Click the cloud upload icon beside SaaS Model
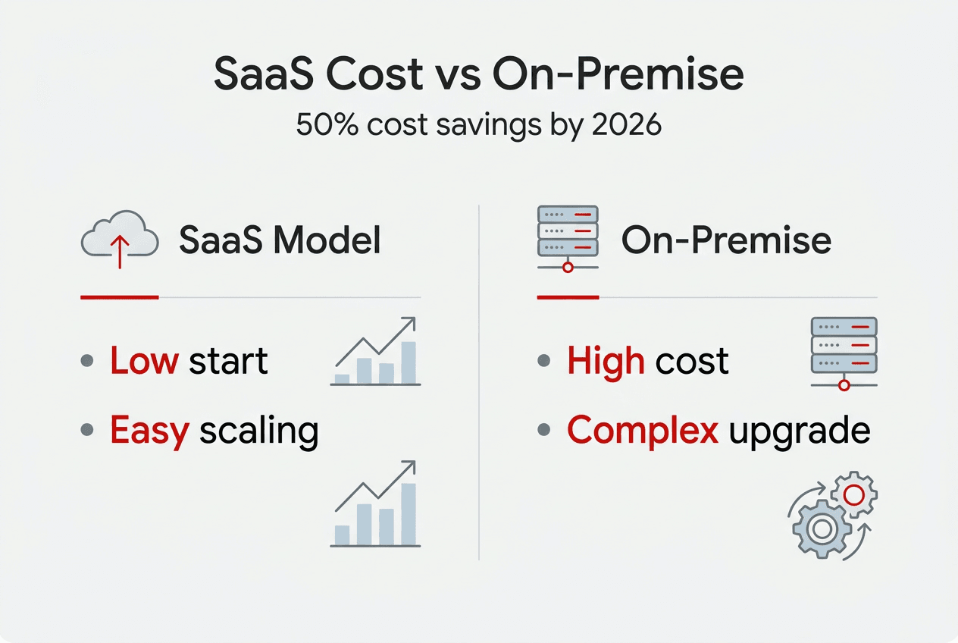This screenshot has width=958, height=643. point(119,239)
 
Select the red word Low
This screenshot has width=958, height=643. point(144,361)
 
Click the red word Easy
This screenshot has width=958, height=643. point(149,431)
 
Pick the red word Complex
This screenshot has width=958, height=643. point(643,431)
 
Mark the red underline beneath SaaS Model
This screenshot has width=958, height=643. point(119,297)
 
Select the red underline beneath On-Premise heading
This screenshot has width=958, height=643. point(568,297)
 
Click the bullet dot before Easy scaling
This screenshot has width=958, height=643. point(88,430)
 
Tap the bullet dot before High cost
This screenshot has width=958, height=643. point(543,361)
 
